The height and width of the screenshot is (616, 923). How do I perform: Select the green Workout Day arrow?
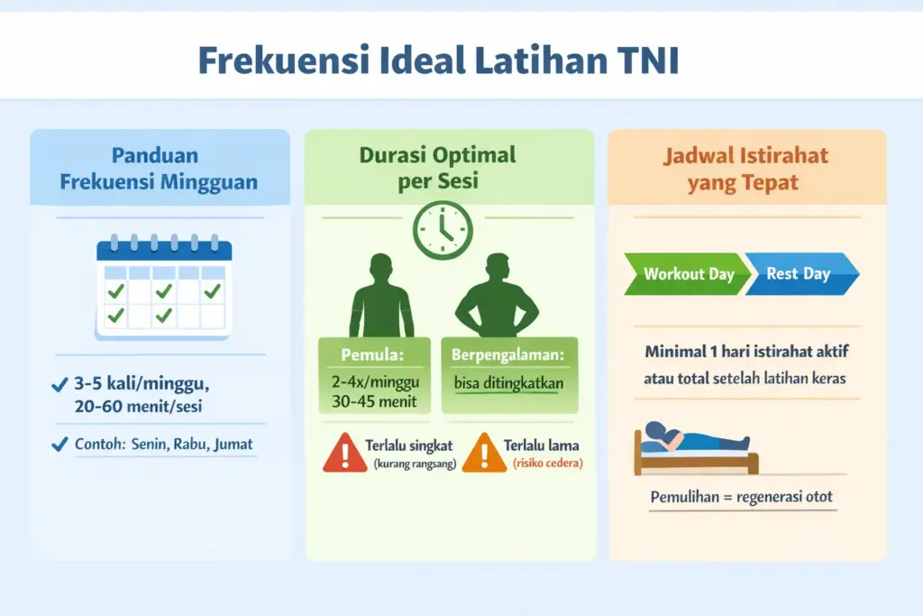coord(688,273)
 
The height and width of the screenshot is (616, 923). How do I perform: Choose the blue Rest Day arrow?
coord(800,273)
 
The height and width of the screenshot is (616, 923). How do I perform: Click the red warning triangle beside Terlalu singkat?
coord(344,452)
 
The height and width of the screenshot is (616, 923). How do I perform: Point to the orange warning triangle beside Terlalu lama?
coord(485,452)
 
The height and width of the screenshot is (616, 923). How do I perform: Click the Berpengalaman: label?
coord(509,353)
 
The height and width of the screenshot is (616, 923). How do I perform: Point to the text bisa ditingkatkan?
coord(509,383)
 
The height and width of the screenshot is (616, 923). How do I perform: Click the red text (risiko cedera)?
coord(548,463)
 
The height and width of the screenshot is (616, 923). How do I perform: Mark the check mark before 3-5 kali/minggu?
coord(59,386)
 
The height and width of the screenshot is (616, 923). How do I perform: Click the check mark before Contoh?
coord(59,444)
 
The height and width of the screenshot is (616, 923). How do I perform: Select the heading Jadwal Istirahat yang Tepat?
coord(745,168)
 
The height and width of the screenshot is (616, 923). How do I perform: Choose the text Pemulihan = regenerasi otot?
coord(743,497)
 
